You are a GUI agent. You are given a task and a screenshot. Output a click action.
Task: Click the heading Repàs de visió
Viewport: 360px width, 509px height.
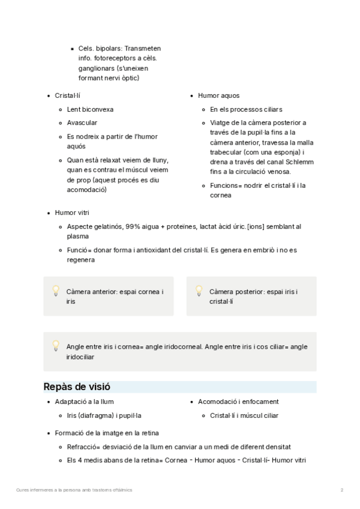[x=76, y=387]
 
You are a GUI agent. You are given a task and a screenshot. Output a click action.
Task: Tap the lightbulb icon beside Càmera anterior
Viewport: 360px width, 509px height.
[x=56, y=291]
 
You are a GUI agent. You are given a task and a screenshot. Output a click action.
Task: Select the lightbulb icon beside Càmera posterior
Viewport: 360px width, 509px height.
[x=199, y=291]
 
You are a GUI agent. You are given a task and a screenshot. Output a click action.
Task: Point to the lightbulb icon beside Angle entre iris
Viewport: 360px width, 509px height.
[x=56, y=346]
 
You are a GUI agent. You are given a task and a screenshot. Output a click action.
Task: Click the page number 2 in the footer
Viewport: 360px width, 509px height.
[x=341, y=490]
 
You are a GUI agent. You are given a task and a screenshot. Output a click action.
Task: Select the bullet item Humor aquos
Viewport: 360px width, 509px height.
[x=219, y=95]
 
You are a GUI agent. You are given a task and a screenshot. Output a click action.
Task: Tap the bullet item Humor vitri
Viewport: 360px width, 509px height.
[x=71, y=212]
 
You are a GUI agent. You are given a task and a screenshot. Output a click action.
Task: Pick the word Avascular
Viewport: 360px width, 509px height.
[x=82, y=122]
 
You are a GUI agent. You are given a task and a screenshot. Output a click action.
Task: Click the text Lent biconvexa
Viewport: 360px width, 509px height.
[x=90, y=109]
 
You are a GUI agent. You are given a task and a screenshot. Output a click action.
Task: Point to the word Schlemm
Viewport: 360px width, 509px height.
[x=299, y=163]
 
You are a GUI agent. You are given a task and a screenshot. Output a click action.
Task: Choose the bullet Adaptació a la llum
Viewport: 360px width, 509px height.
[x=84, y=402]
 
